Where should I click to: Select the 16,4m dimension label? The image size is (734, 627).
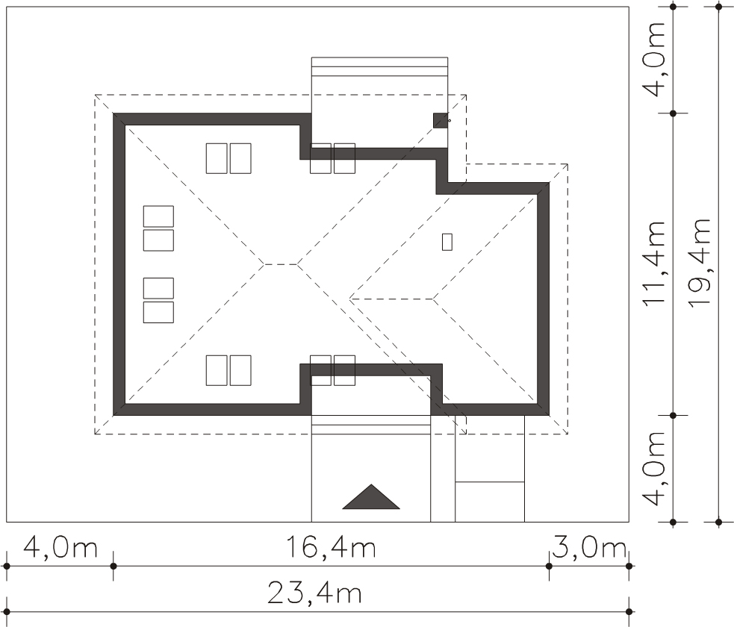tap(331, 547)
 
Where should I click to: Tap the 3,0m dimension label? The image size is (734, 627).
tap(589, 547)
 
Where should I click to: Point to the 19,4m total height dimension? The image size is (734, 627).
tap(700, 262)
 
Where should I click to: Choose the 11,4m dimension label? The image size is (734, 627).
tap(654, 262)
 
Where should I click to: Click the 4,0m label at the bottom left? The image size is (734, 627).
tap(60, 547)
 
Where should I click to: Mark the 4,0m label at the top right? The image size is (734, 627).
tap(654, 60)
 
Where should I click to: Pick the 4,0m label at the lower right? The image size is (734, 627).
tap(654, 468)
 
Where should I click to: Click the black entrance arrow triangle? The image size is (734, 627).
tap(371, 497)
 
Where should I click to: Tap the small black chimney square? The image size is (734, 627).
tap(440, 120)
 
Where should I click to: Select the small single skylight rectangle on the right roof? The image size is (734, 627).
tap(447, 242)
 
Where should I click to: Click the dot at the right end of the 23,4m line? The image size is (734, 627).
tap(629, 611)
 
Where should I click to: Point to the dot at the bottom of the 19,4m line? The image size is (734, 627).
tap(718, 522)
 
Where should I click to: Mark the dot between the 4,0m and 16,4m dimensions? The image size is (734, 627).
tap(113, 567)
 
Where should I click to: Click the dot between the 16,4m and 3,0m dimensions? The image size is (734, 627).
tap(549, 567)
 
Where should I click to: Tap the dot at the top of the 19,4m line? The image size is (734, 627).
tap(718, 7)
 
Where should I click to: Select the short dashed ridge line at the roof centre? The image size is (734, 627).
tap(281, 264)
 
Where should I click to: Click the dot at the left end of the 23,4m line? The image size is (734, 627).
tap(7, 611)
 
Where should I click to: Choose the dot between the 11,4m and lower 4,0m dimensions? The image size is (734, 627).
tap(674, 416)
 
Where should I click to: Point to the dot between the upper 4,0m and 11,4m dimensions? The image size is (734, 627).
tap(674, 113)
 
